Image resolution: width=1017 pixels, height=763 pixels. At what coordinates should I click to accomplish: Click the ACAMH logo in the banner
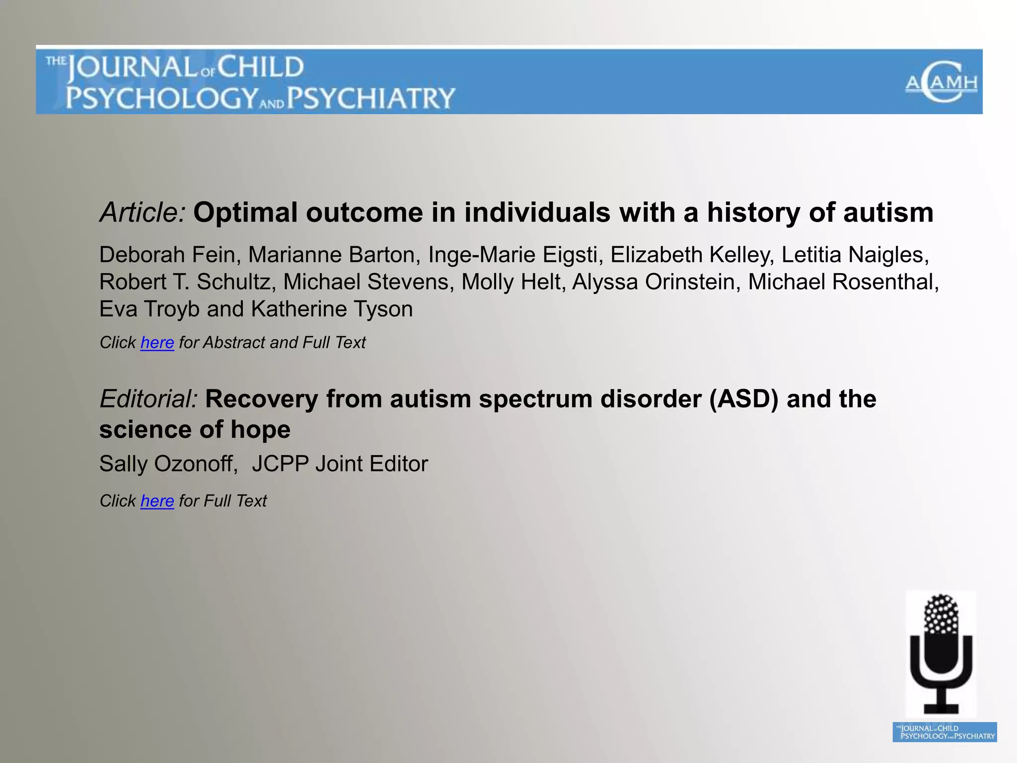point(941,82)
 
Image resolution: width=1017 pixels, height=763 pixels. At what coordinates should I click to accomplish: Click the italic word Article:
point(143,213)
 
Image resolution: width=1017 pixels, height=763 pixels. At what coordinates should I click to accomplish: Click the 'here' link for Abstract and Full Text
point(157,343)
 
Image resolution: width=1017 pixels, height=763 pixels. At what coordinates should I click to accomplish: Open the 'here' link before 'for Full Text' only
point(157,501)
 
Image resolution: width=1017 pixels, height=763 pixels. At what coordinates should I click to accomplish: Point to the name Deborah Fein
point(166,255)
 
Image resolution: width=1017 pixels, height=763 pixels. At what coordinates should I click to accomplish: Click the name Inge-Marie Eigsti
point(512,255)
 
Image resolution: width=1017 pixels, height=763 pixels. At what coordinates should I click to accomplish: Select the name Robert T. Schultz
point(187,282)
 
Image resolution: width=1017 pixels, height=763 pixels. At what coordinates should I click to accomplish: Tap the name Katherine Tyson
point(332,309)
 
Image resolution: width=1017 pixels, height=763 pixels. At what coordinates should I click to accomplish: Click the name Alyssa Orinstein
point(653,282)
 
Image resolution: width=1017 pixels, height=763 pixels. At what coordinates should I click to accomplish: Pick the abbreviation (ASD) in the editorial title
point(743,399)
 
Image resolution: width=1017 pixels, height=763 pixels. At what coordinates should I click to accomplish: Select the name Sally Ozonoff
point(168,464)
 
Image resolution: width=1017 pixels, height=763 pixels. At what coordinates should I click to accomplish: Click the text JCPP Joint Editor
point(340,464)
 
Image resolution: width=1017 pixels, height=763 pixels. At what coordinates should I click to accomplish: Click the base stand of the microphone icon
point(941,707)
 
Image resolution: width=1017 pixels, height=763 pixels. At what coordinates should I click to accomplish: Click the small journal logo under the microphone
point(944,732)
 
